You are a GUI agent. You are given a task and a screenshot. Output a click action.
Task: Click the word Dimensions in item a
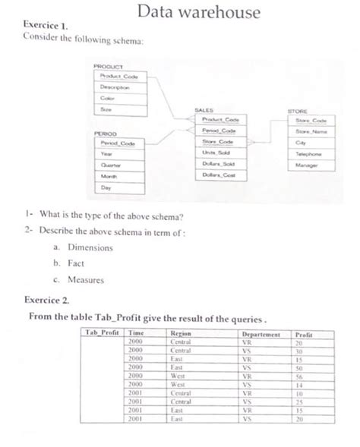point(90,247)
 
